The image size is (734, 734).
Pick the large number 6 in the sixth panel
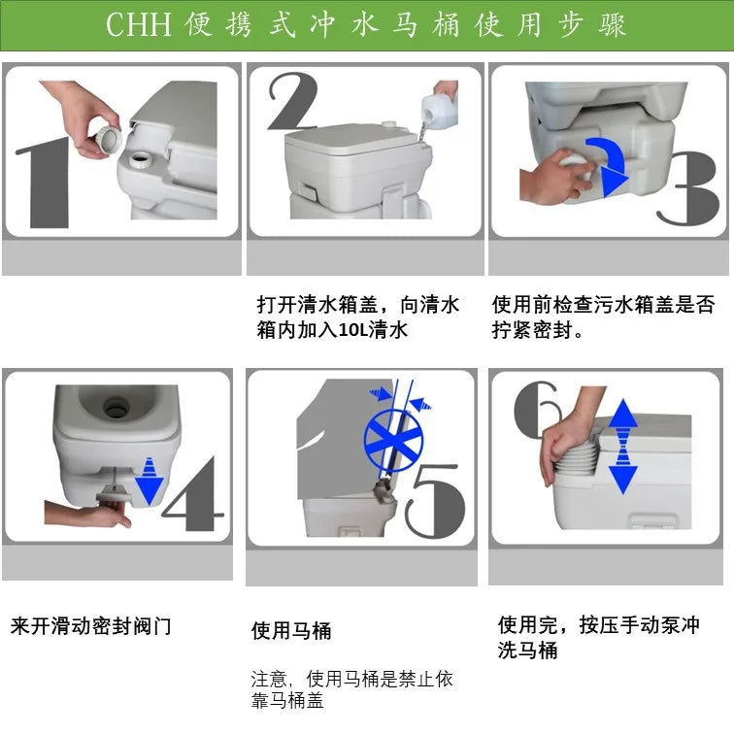[537, 408]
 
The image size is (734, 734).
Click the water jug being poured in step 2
[442, 106]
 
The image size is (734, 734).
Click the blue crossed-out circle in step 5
[394, 436]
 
